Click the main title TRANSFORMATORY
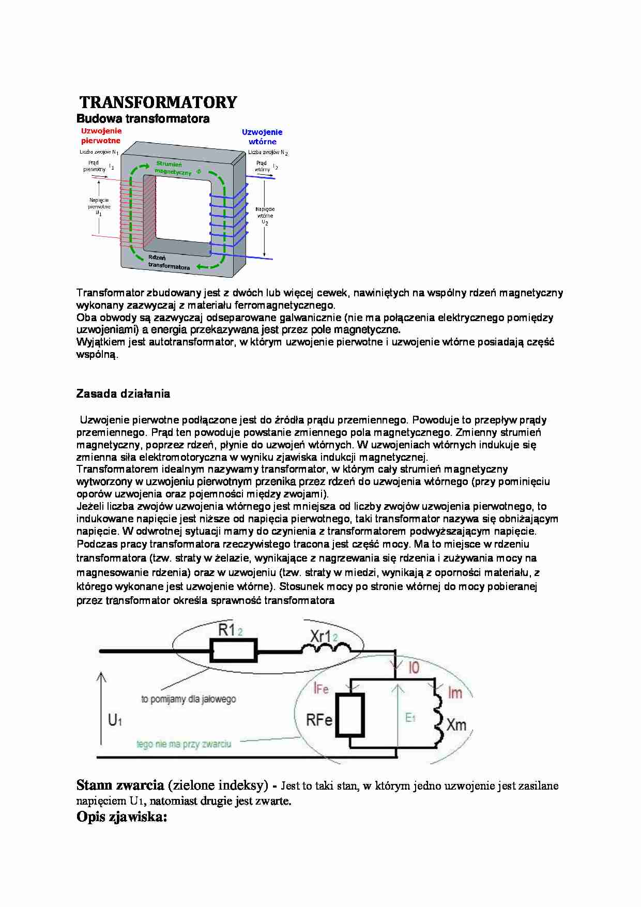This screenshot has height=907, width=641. [x=158, y=102]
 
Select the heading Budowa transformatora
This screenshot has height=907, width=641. [x=143, y=118]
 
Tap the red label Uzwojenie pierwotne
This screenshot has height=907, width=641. [x=101, y=135]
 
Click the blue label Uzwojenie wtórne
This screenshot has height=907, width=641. [x=262, y=137]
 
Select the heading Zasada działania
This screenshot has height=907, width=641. [x=123, y=394]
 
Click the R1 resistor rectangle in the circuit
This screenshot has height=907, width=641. [x=233, y=651]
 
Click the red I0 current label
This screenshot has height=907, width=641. [x=414, y=668]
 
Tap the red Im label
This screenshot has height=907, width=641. [x=455, y=692]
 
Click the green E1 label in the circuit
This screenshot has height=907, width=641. [x=410, y=718]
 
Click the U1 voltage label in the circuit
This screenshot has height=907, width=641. [x=115, y=719]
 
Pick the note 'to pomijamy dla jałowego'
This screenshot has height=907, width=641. [x=188, y=699]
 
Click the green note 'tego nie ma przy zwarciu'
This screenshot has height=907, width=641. [x=184, y=744]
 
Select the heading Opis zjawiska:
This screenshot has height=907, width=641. [x=122, y=817]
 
